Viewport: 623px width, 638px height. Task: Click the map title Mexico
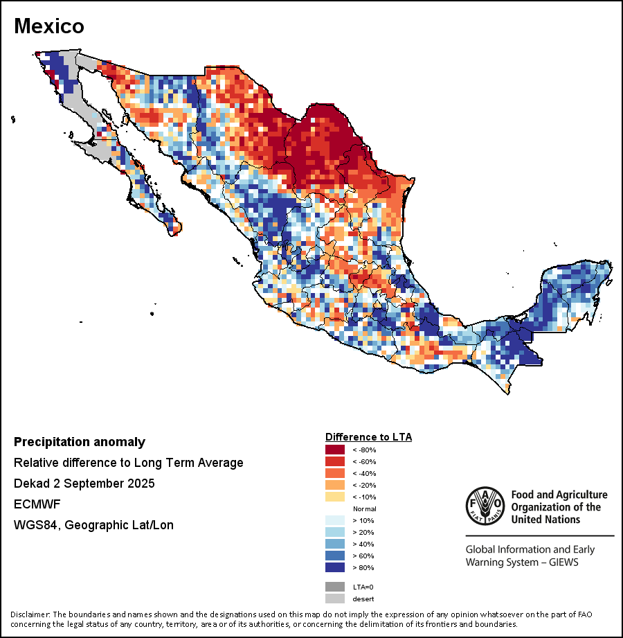[49, 26]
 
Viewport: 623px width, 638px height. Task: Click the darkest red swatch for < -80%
[336, 450]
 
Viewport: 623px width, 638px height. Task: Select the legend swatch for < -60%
[336, 461]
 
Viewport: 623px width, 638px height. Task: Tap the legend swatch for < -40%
[336, 473]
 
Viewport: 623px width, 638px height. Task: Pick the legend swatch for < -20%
[336, 485]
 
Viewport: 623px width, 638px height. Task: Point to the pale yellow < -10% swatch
[336, 497]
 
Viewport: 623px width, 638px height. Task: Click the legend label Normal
[364, 508]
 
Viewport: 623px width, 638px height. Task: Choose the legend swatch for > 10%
[336, 520]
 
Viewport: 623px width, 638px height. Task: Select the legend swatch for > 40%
[336, 544]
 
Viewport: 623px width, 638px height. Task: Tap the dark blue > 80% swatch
[336, 567]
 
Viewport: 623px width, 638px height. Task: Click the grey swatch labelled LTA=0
[336, 587]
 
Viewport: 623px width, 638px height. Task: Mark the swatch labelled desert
[336, 599]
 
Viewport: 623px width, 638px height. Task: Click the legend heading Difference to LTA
[368, 437]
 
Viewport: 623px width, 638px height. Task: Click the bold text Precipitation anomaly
[80, 442]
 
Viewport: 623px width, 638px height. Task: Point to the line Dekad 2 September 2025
[84, 483]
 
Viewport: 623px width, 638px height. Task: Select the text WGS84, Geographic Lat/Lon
[93, 525]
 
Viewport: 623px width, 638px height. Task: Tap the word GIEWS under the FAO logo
[561, 562]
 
